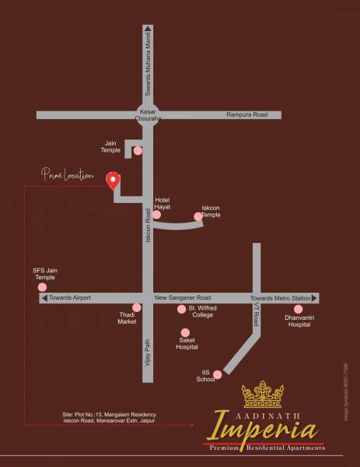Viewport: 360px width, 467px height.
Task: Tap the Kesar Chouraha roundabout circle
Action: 148,114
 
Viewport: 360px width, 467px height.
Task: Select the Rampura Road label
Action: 246,114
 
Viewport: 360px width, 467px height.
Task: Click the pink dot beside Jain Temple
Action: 138,151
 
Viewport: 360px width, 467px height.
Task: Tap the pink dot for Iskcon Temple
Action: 198,217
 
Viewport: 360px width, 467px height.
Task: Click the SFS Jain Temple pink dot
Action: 43,286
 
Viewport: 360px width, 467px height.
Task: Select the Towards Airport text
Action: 70,298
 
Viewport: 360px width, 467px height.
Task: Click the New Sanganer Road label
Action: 183,298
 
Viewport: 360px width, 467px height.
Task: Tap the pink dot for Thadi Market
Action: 136,307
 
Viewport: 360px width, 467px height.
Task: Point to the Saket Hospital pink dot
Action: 185,332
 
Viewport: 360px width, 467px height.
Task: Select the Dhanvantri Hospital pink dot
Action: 298,309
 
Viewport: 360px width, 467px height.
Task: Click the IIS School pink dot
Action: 218,374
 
